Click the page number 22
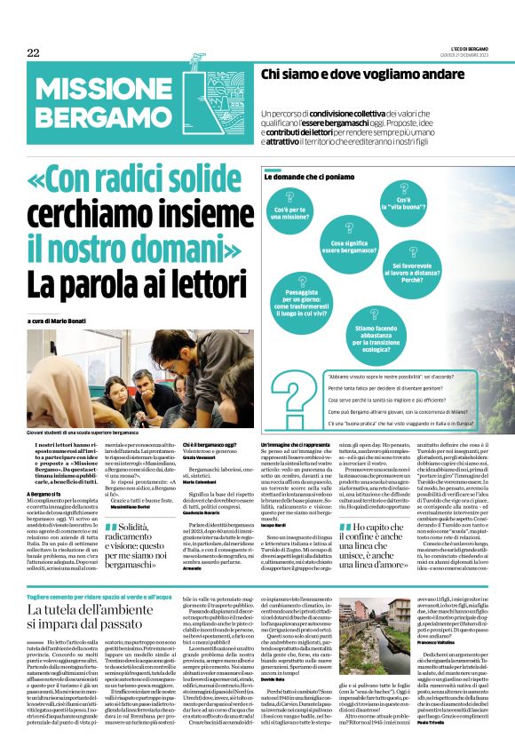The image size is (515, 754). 34,53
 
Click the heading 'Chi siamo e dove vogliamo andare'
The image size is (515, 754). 360,76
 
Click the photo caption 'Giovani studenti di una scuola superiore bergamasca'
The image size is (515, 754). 83,430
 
